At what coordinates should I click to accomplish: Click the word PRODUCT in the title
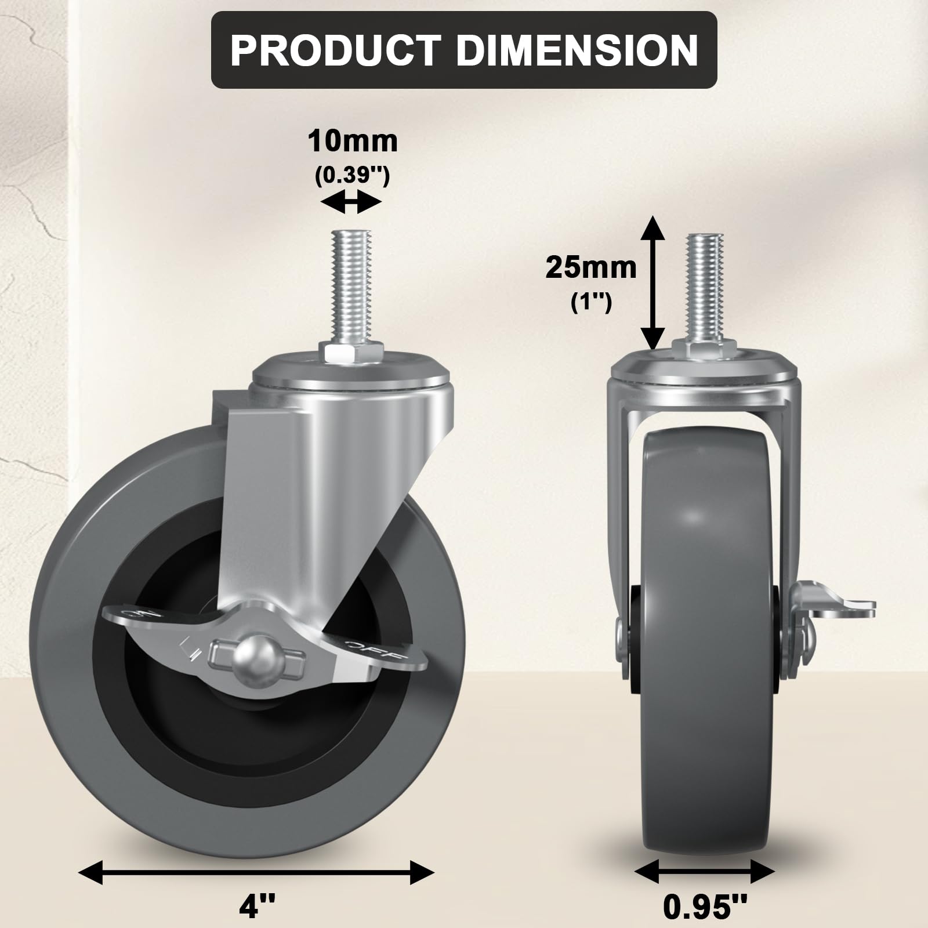coord(335,51)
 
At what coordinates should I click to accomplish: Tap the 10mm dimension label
coord(353,142)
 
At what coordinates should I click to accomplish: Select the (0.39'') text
coord(352,175)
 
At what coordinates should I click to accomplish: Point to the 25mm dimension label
coord(590,268)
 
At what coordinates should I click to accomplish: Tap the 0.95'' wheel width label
coord(705,906)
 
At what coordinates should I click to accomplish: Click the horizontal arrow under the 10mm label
coord(351,203)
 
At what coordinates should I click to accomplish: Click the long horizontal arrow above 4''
coord(256,872)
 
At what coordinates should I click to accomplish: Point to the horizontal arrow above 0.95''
coord(704,871)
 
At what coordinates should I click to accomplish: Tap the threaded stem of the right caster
coord(705,284)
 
